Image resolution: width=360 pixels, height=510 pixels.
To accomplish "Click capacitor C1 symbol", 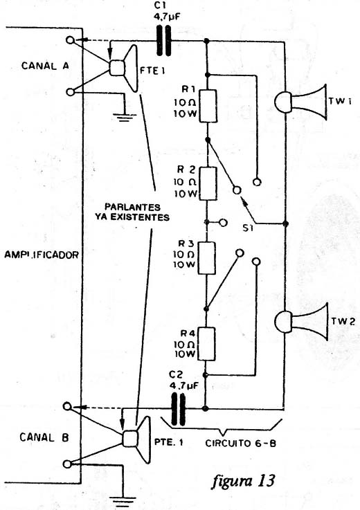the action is (x=164, y=41).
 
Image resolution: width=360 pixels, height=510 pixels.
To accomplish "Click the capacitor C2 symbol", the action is (x=178, y=409).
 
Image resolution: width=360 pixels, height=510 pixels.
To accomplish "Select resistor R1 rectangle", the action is (x=208, y=107).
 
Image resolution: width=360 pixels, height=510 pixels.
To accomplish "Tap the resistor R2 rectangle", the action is (x=207, y=184).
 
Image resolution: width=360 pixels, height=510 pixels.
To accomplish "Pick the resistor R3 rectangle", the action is (x=206, y=258).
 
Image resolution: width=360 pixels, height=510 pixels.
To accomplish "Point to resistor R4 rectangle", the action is (x=206, y=344).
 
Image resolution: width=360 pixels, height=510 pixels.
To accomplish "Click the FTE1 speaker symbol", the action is (x=123, y=69).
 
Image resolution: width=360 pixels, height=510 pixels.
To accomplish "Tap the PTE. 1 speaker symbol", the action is (x=136, y=439).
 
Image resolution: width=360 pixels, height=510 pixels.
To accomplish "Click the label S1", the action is (x=248, y=228).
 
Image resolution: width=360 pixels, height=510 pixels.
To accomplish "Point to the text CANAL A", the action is (x=45, y=66).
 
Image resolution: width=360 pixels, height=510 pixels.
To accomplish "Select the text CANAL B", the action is (x=44, y=437).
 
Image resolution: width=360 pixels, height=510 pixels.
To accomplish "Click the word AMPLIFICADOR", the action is (x=42, y=255).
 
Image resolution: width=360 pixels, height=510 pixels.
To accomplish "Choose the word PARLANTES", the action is (x=132, y=207).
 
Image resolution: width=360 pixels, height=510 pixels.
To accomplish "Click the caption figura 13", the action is (x=244, y=480).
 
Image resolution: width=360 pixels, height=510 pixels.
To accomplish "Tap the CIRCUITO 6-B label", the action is (x=240, y=443).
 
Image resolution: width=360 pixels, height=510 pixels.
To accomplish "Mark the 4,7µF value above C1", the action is (x=167, y=17).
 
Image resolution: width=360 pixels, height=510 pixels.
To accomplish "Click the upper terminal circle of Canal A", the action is (x=71, y=40).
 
